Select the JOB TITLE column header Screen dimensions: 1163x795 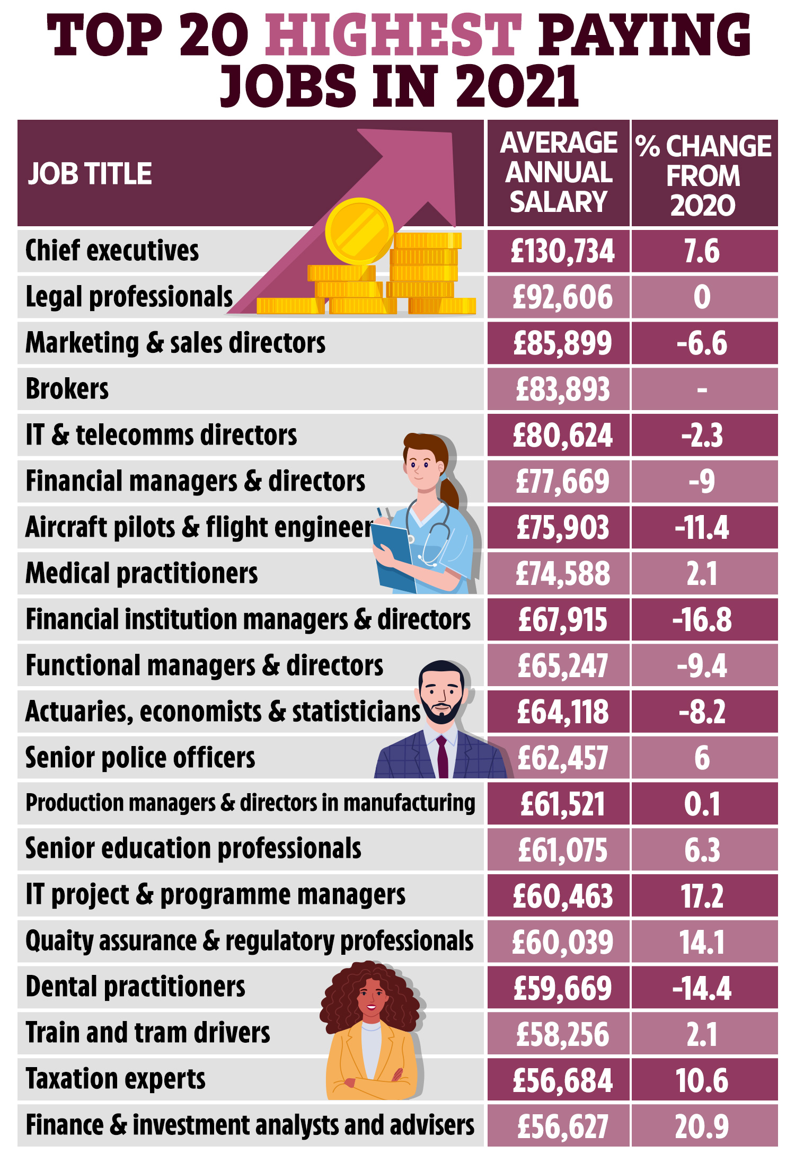tap(90, 174)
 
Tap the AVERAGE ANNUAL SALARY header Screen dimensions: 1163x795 tap(559, 173)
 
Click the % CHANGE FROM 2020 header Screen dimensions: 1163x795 tap(703, 175)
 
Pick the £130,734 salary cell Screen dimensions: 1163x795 tap(562, 251)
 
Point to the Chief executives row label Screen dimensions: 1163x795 tap(112, 251)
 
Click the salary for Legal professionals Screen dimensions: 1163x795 tap(562, 297)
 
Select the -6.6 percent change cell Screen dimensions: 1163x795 tap(702, 343)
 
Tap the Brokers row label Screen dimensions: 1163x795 tap(67, 389)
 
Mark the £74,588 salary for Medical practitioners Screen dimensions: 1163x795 tap(562, 574)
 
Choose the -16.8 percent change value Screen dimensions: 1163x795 tap(702, 620)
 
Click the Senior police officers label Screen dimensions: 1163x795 tap(140, 758)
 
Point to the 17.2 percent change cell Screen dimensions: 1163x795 tap(702, 896)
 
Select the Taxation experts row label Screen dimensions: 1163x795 tap(116, 1079)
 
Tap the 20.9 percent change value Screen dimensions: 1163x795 tap(702, 1126)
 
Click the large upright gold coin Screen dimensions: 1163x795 tap(359, 231)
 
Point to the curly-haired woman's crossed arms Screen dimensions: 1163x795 tap(371, 1081)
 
